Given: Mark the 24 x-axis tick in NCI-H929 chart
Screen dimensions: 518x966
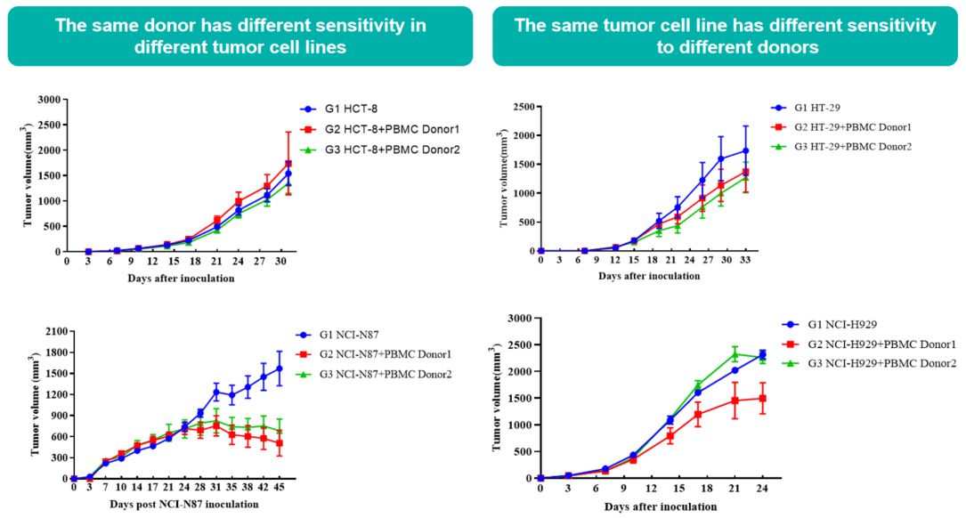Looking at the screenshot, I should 761,490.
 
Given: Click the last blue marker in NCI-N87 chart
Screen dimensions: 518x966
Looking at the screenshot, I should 279,368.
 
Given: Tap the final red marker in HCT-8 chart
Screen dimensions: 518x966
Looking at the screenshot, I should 288,164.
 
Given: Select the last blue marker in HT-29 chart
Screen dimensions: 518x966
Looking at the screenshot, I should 745,150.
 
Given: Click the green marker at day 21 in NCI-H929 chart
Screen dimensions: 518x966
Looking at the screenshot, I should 735,353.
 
